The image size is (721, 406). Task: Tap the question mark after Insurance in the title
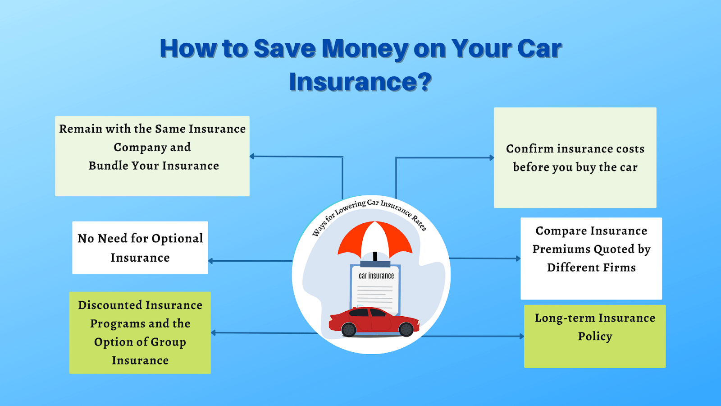tap(424, 82)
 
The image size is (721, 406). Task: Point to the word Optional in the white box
tap(177, 239)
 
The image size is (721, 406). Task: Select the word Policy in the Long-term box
tap(595, 337)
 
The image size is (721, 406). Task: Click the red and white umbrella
tap(375, 238)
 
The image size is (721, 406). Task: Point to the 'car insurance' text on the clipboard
tap(376, 276)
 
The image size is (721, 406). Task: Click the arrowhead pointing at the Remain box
tap(252, 157)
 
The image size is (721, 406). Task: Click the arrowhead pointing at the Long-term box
tap(521, 336)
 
